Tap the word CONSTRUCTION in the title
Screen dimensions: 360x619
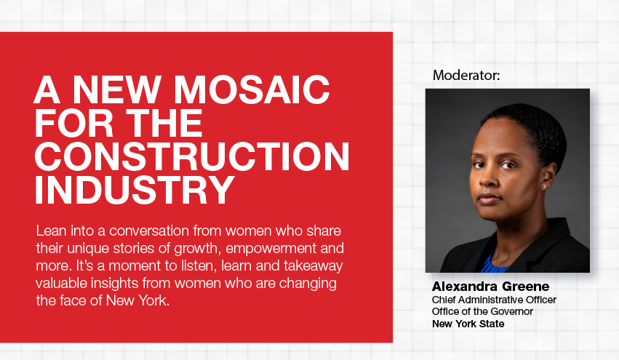(192, 156)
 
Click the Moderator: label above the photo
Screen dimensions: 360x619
(466, 75)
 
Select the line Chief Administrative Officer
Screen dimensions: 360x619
(494, 300)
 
